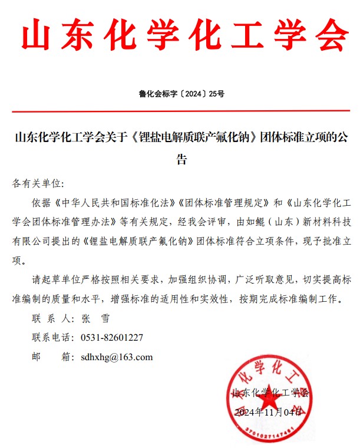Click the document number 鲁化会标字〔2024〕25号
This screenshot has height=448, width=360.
pos(180,93)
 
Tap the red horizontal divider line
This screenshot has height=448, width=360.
pos(180,111)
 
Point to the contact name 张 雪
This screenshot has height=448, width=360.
pos(94,319)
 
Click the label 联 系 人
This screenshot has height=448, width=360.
pos(50,319)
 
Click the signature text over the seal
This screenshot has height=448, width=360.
pos(270,393)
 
